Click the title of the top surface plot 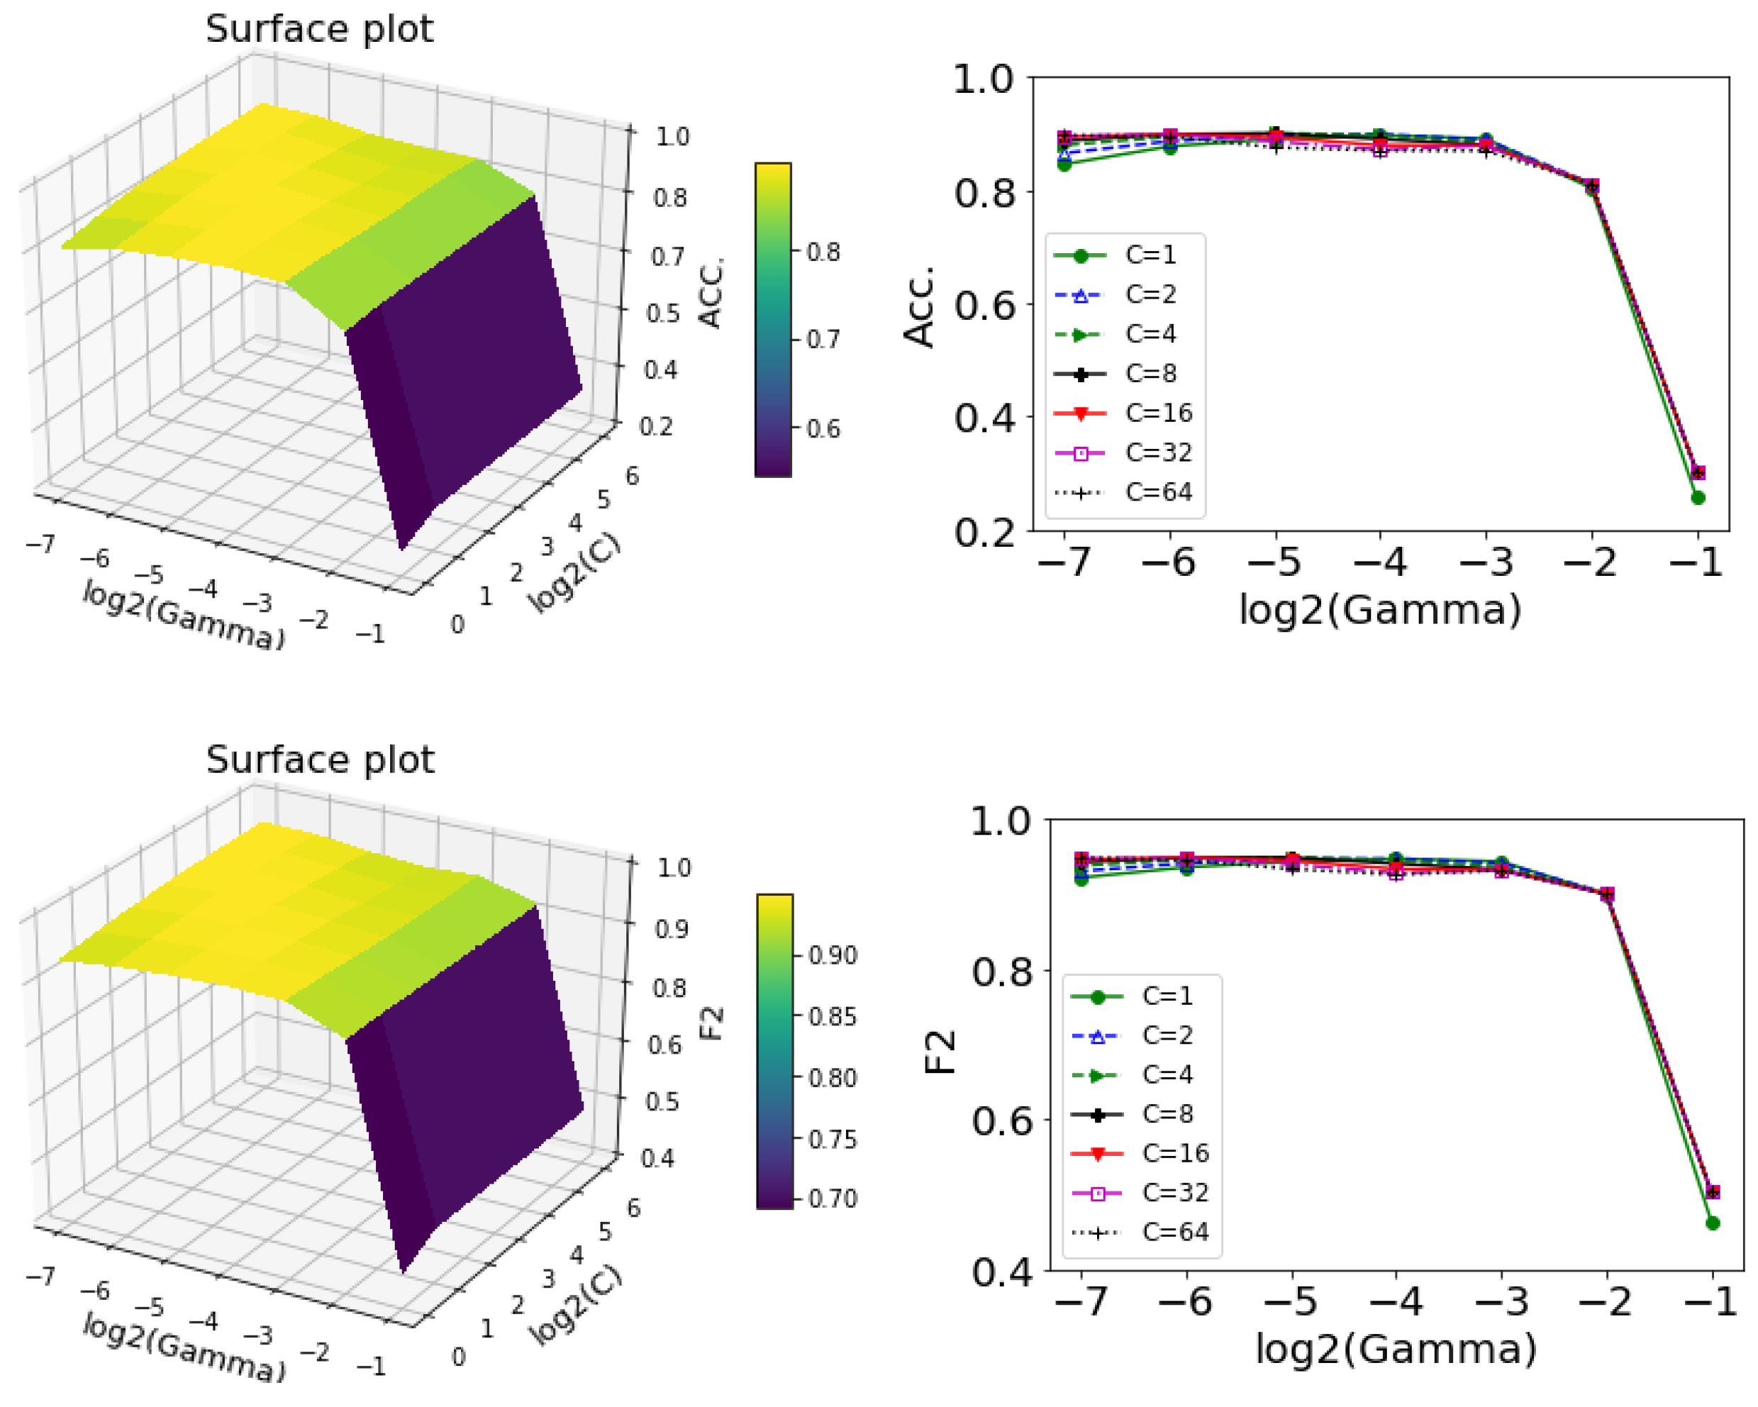click(x=319, y=29)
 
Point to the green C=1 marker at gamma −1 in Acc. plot click(x=1698, y=498)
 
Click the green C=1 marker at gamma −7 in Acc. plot click(x=1064, y=164)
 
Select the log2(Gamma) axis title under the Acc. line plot click(x=1379, y=609)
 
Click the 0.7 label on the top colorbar click(x=823, y=339)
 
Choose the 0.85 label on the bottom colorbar click(x=833, y=1016)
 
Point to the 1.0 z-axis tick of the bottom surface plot click(x=674, y=867)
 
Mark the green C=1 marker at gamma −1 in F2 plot click(x=1713, y=1223)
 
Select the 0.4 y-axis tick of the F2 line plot click(x=1001, y=1272)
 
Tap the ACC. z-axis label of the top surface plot click(x=711, y=293)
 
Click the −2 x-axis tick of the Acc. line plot click(x=1591, y=562)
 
